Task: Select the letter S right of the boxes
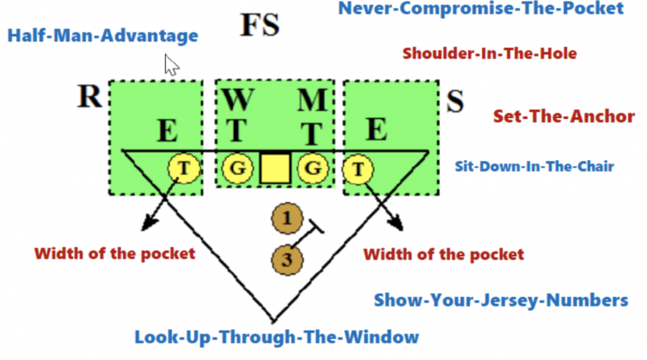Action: [x=455, y=102]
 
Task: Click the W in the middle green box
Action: [x=237, y=102]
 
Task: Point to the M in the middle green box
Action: [x=311, y=102]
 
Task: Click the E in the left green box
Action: [x=168, y=129]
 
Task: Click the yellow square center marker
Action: [x=275, y=168]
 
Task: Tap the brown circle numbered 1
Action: [x=286, y=218]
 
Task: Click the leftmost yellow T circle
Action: [x=182, y=169]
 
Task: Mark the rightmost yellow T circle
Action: [x=356, y=169]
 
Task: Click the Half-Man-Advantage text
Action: [x=102, y=36]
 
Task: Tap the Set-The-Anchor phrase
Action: [x=564, y=116]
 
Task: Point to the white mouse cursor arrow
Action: [x=171, y=65]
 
